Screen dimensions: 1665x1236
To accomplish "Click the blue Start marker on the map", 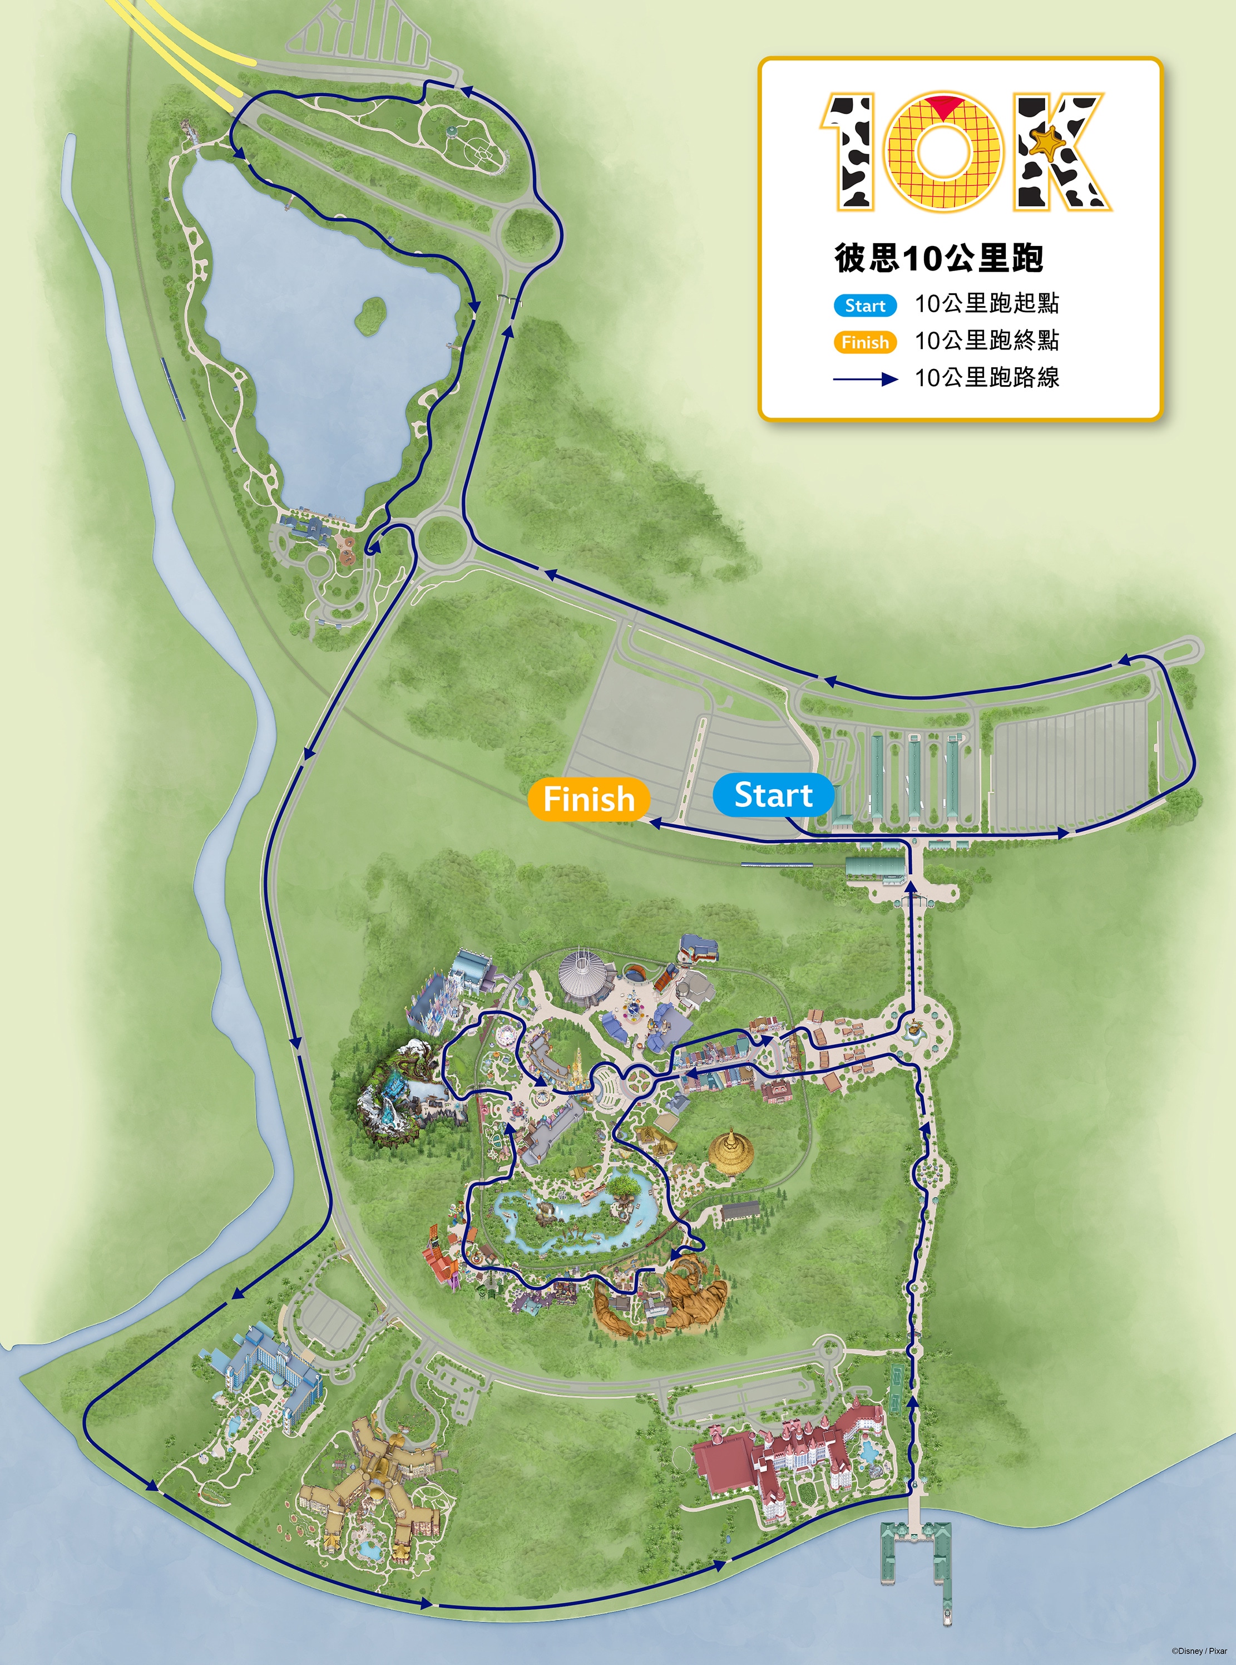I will tap(773, 795).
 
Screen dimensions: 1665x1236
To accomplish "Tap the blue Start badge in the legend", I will tap(865, 306).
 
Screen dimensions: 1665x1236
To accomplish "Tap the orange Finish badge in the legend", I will tap(865, 342).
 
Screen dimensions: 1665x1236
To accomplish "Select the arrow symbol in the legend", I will tap(866, 380).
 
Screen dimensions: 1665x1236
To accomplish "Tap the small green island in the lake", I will tap(370, 315).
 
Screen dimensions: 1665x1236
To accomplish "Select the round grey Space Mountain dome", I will tap(586, 977).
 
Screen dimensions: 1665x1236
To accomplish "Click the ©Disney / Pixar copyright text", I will tap(1199, 1651).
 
